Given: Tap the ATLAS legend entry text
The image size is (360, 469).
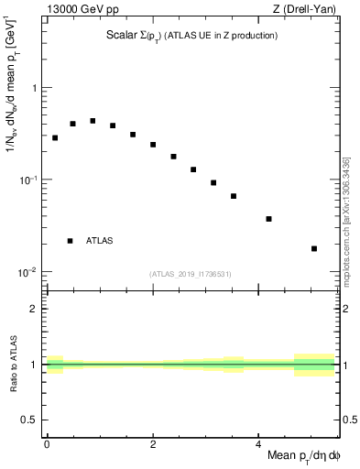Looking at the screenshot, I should (x=100, y=241).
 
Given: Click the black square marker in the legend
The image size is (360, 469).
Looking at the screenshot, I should (x=71, y=241).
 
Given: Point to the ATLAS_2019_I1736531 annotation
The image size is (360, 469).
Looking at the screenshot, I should (x=191, y=274).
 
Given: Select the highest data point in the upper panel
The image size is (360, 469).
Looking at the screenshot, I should (x=93, y=121).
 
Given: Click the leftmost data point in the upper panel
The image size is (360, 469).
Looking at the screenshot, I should (x=55, y=137).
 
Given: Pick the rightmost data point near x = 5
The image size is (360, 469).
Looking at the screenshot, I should (x=314, y=248).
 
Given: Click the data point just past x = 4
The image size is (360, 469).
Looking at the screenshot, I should (x=268, y=219).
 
